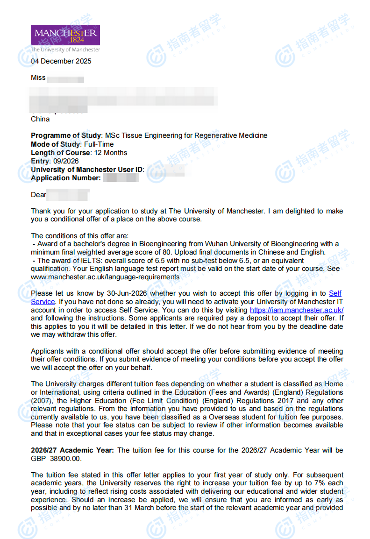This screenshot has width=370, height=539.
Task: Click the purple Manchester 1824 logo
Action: (65, 35)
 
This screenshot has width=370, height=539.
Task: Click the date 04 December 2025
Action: (61, 61)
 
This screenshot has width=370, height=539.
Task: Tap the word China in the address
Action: (40, 119)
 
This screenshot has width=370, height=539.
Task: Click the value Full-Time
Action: (99, 144)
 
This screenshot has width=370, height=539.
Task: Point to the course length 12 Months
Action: (110, 153)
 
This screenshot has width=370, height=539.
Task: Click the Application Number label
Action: (65, 178)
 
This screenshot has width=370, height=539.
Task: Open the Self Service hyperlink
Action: (335, 293)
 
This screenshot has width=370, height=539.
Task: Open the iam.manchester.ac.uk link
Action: (297, 310)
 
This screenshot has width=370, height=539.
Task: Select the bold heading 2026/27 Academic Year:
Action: (72, 450)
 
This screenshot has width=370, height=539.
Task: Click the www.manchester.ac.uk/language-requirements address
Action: (105, 277)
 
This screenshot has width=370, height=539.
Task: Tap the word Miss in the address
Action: (38, 78)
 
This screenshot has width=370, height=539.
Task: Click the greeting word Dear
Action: (38, 194)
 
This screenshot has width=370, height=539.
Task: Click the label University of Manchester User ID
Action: (87, 170)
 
